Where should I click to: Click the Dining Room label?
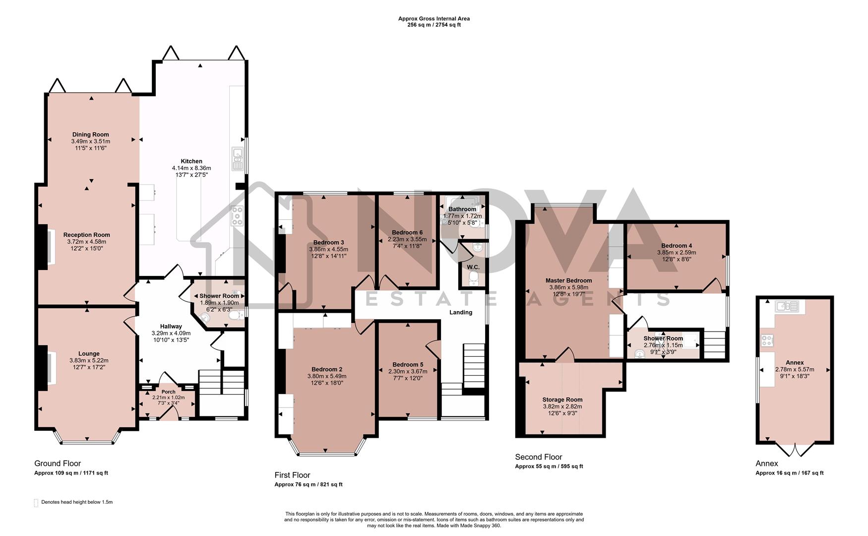click(90, 134)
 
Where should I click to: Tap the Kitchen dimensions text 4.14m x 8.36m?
click(191, 168)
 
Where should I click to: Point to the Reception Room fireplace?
click(44, 247)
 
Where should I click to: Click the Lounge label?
click(89, 354)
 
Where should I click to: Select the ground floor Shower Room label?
click(219, 296)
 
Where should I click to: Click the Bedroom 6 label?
click(407, 232)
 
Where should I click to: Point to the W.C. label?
click(473, 267)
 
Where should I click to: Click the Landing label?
click(461, 312)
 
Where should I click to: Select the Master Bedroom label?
click(568, 280)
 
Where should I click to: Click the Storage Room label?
click(562, 400)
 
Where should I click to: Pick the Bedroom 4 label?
click(677, 246)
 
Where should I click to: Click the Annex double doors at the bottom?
click(795, 450)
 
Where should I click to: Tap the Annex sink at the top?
click(788, 306)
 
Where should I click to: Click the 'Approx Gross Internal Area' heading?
click(434, 19)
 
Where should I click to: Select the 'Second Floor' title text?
click(538, 457)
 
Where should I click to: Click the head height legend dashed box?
click(36, 503)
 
